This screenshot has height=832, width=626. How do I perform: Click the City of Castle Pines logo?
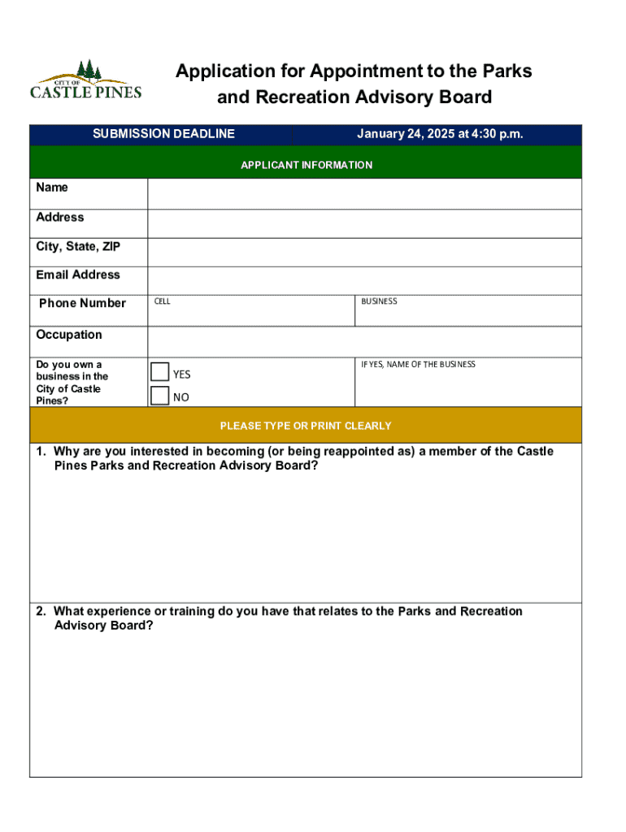tap(85, 80)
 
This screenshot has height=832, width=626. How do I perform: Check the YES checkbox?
tap(160, 372)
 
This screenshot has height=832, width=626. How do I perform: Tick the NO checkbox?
tap(160, 396)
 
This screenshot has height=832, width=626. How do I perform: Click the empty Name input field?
tap(364, 194)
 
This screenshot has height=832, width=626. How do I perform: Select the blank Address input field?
tap(364, 223)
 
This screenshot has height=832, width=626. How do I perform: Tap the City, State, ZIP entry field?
tap(364, 252)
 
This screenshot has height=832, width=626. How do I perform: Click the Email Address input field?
tap(364, 280)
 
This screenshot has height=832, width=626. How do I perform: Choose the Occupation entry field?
tap(364, 341)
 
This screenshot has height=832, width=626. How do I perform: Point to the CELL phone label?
tap(163, 301)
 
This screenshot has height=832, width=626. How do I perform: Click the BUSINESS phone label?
tap(379, 301)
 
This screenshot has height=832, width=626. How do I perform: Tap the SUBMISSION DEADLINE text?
tap(163, 134)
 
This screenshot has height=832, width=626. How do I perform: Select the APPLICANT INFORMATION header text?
tap(306, 165)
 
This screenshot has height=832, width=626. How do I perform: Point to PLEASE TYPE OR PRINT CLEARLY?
tap(306, 426)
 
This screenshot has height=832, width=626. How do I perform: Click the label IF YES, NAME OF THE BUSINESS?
tap(418, 364)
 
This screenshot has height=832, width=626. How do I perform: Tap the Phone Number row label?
tap(82, 303)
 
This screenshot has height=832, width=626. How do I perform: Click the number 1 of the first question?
tap(40, 452)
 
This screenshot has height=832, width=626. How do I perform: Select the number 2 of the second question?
tap(40, 611)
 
